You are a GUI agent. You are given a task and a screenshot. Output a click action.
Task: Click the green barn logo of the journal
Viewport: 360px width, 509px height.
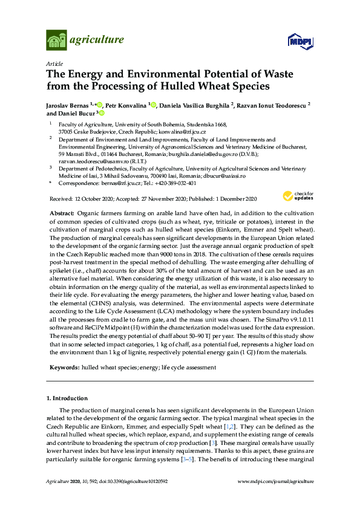tap(56, 41)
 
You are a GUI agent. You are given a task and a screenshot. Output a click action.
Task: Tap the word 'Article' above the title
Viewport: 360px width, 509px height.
tap(53, 63)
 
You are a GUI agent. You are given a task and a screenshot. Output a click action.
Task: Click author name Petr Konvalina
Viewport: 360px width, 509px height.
tap(126, 104)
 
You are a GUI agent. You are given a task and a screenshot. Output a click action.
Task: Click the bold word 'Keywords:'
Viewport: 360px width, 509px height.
tap(63, 368)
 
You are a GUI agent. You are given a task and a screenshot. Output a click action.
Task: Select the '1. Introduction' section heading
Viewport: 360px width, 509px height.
tap(67, 398)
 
